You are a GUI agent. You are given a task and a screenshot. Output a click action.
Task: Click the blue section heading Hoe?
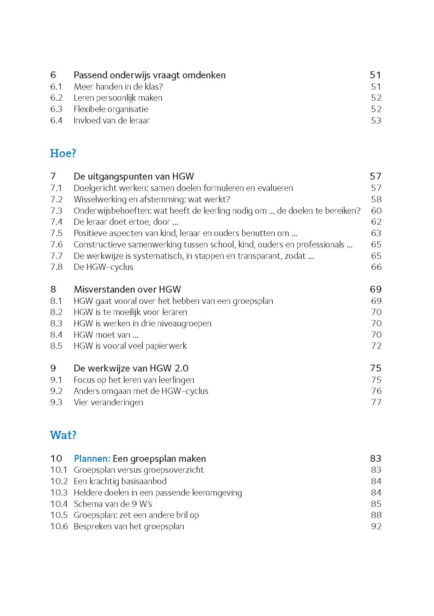[63, 153]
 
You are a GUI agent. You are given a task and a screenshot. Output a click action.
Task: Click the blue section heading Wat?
[63, 435]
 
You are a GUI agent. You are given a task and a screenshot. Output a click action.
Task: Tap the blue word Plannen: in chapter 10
[92, 459]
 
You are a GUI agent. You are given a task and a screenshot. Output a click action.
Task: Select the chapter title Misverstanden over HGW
[127, 289]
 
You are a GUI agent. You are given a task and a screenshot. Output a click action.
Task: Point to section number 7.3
[56, 211]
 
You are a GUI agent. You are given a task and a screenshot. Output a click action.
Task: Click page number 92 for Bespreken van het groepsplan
[376, 526]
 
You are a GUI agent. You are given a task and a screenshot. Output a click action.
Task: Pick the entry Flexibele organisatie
[111, 109]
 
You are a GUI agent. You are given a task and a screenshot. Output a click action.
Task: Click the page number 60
[376, 211]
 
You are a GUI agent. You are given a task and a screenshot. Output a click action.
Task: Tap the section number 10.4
[59, 504]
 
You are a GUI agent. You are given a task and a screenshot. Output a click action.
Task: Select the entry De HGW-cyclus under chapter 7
[103, 267]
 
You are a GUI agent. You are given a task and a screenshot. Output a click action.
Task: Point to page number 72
[376, 346]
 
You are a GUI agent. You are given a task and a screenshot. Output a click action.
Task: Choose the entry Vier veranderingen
[108, 402]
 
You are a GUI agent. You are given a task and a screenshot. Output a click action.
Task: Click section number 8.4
[56, 335]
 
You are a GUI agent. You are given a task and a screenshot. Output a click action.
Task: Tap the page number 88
[376, 515]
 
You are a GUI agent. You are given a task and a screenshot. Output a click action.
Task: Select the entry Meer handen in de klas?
[118, 87]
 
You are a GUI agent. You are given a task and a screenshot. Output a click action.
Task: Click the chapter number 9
[53, 368]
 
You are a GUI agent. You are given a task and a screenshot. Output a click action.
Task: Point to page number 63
[376, 233]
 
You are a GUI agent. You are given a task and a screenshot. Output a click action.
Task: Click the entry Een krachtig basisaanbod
[120, 481]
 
